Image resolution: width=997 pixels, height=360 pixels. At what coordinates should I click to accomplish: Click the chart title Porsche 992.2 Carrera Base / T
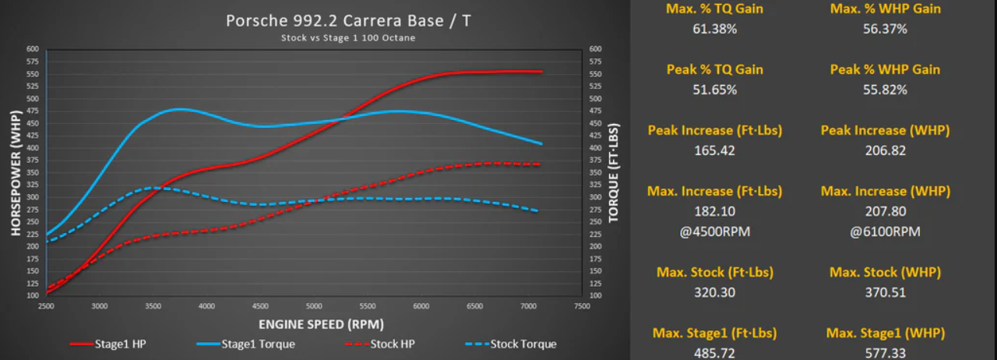click(347, 20)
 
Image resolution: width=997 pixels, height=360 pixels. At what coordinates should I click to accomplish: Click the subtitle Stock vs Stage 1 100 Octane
click(347, 37)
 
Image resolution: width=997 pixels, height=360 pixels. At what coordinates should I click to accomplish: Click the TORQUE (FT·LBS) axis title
click(614, 172)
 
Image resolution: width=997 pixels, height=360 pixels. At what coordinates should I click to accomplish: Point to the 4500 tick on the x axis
click(261, 306)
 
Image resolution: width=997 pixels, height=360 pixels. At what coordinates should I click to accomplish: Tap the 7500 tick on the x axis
click(580, 306)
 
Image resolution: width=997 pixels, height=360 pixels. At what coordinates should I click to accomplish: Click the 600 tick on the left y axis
click(32, 49)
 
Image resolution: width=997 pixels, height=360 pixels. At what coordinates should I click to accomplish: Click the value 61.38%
click(714, 29)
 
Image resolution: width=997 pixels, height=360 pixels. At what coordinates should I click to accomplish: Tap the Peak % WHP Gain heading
click(885, 69)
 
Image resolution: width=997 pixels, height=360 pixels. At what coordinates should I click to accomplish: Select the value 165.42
click(714, 150)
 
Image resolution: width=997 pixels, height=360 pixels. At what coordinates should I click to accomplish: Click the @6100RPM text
click(885, 231)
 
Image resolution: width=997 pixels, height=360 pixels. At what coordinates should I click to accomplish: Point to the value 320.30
click(714, 292)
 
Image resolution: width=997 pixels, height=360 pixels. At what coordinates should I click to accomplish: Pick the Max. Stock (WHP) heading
click(885, 272)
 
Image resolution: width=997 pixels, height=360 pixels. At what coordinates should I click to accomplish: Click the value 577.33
click(885, 352)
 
